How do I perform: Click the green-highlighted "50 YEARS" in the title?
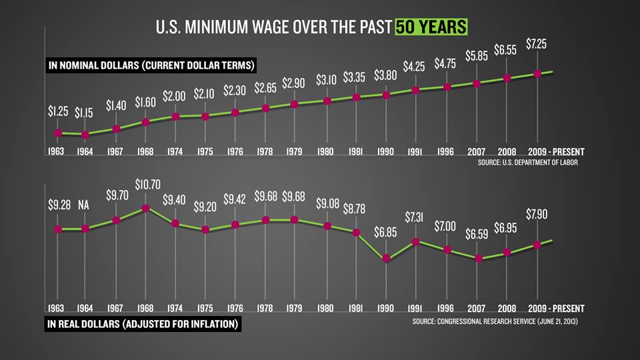tap(430, 27)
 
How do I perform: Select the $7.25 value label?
tap(539, 43)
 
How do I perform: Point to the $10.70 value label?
tap(147, 183)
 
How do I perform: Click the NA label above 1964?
tap(85, 205)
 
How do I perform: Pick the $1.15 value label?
tap(85, 113)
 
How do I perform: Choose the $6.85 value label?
tap(387, 234)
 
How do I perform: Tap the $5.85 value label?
tap(477, 57)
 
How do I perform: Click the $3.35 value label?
tap(356, 78)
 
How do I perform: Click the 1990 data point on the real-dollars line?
tap(387, 259)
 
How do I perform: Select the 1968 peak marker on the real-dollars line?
tap(146, 208)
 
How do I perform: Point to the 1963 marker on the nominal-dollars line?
tap(57, 133)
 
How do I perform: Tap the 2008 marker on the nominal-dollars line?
tap(507, 78)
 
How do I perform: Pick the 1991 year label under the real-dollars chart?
tap(416, 309)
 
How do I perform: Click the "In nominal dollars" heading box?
tap(152, 65)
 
